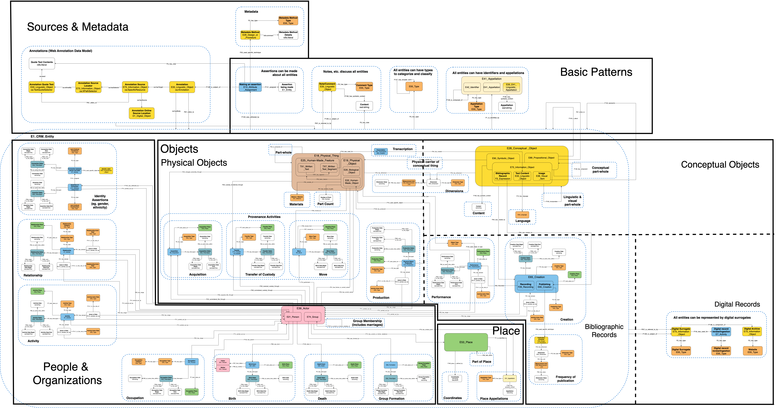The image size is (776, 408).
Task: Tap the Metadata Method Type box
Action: pyautogui.click(x=288, y=21)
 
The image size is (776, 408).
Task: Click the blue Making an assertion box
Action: pyautogui.click(x=250, y=87)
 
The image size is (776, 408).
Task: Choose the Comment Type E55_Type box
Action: pyautogui.click(x=364, y=86)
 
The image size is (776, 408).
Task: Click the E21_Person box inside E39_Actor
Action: pyautogui.click(x=293, y=317)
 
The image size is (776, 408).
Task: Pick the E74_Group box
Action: pyautogui.click(x=313, y=317)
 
